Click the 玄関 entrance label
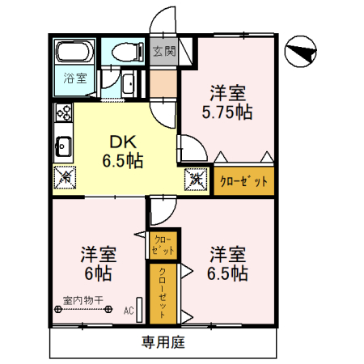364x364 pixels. pos(164,52)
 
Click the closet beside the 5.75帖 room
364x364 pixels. pos(243,181)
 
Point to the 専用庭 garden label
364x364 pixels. pos(163,341)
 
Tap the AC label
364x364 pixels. pos(128,310)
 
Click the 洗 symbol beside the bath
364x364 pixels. pos(128,83)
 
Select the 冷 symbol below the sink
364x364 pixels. pos(65,176)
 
